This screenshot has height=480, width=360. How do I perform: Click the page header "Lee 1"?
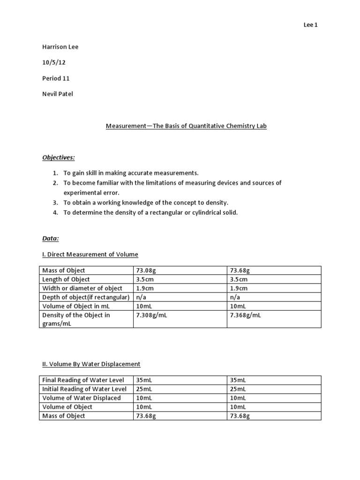click(x=310, y=25)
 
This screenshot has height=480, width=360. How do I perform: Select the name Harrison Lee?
click(x=60, y=47)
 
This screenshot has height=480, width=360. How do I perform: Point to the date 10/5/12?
click(x=52, y=62)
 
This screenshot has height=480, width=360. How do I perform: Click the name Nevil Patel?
click(x=58, y=94)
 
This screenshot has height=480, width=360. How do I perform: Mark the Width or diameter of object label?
click(x=82, y=288)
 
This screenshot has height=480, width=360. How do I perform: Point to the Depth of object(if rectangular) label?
click(x=85, y=297)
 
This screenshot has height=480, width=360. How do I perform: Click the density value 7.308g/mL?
click(x=151, y=315)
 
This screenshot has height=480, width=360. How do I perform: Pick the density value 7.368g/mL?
click(x=245, y=315)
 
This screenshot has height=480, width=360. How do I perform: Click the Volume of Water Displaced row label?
click(x=81, y=398)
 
